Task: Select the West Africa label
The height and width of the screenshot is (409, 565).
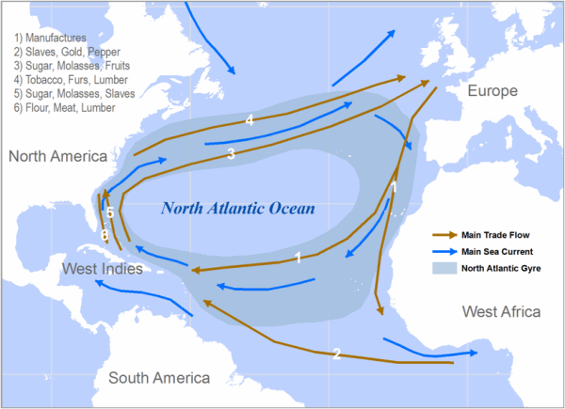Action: (500, 311)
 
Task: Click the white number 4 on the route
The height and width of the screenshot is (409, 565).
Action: (250, 120)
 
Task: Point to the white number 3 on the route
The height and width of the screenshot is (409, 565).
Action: (231, 155)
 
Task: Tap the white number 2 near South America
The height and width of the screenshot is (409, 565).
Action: (336, 354)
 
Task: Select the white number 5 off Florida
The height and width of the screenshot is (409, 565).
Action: (110, 213)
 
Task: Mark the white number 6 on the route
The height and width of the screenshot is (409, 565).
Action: (104, 234)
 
